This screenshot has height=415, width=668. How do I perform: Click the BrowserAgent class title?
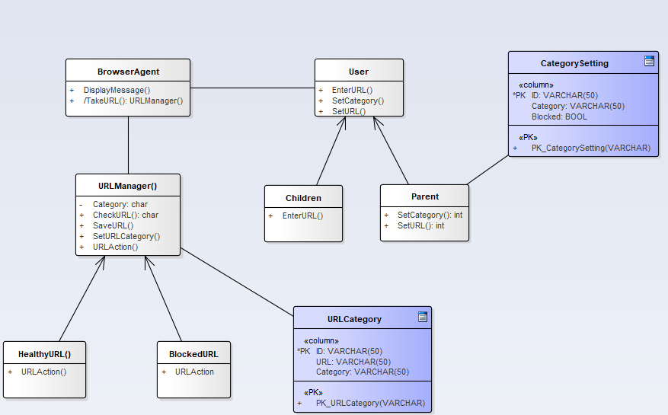point(128,72)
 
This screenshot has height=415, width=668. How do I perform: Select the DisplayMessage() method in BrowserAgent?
point(117,90)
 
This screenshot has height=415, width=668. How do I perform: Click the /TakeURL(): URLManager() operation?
point(133,100)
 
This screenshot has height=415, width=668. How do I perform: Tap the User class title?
point(358,72)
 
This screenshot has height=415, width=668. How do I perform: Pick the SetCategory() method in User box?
point(357,101)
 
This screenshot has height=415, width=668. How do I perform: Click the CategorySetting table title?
point(574,63)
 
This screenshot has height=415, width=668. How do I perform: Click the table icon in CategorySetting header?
point(649,62)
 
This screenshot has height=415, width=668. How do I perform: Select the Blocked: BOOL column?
point(559,117)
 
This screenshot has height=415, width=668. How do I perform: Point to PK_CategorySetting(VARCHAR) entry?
point(590,148)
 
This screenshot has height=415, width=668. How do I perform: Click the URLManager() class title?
point(128,186)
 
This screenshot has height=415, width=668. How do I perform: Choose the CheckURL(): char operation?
point(125,215)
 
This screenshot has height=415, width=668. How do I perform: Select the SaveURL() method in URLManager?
point(113,225)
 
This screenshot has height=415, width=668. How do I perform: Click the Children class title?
point(303,198)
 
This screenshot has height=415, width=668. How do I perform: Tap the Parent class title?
point(424,196)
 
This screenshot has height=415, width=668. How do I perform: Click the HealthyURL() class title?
point(44,354)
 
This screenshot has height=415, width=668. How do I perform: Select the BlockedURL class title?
point(193,354)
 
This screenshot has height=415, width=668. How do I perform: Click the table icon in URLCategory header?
point(422,318)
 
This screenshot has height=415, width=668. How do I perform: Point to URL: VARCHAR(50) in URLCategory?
point(353,362)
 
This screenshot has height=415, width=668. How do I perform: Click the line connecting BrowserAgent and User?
point(251,88)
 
